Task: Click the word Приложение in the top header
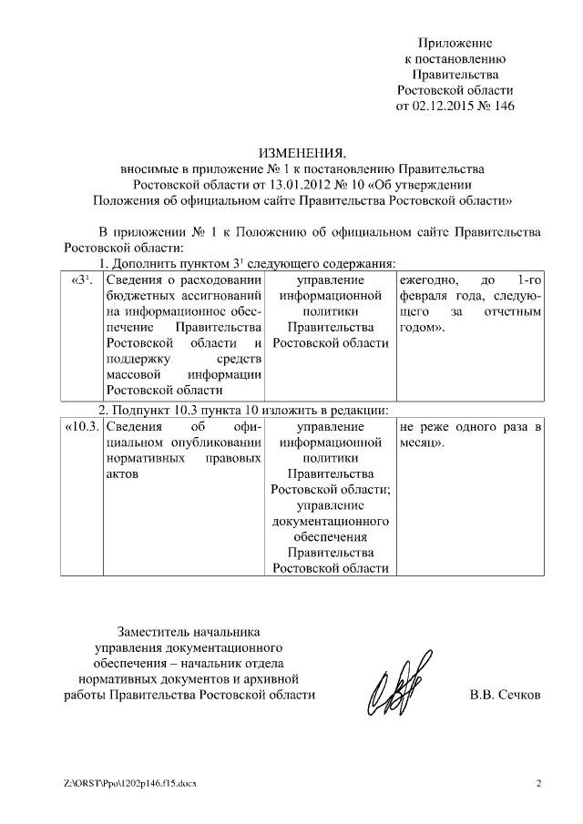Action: [x=455, y=43]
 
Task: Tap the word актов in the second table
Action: [x=121, y=475]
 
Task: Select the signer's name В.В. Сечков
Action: [x=504, y=695]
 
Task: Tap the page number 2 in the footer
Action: [x=538, y=784]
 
